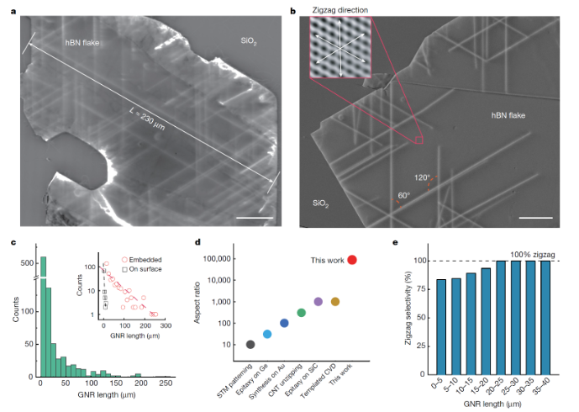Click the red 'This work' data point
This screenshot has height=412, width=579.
coord(352,260)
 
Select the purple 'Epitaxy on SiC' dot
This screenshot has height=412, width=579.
coord(318,301)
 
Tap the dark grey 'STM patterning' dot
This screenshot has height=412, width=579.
coord(250,344)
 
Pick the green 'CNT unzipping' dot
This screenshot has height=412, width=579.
coord(301,313)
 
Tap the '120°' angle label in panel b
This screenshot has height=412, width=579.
coord(421,177)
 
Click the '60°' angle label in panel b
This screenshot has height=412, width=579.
coord(403,195)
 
